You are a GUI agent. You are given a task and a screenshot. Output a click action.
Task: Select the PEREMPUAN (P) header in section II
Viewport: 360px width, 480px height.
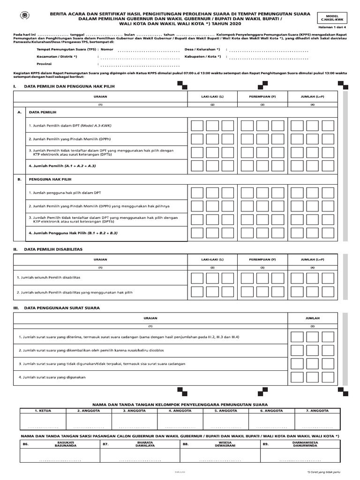[262, 259]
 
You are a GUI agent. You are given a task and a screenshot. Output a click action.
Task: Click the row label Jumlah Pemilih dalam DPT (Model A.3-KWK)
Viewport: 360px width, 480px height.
[73, 126]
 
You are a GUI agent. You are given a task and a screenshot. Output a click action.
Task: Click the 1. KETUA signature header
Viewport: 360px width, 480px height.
[43, 410]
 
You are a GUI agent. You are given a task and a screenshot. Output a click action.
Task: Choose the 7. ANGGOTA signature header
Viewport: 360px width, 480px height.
[318, 410]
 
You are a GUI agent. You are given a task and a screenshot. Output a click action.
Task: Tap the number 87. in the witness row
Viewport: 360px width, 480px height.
[105, 443]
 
